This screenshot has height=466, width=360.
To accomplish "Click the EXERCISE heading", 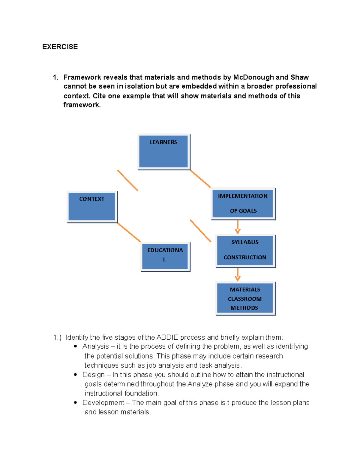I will [60, 47].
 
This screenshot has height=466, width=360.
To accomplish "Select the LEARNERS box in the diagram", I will [163, 152].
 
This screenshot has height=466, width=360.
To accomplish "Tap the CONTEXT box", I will [91, 207].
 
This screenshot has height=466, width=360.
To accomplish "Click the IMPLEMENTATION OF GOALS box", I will [243, 203].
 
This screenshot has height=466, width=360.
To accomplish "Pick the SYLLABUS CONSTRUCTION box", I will [245, 251].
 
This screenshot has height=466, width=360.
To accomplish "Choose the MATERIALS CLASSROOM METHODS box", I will [245, 298].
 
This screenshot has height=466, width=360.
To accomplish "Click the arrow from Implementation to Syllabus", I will [238, 227].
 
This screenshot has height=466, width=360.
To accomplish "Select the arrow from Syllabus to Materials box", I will [238, 275].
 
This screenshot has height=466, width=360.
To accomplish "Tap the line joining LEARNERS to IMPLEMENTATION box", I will [200, 179].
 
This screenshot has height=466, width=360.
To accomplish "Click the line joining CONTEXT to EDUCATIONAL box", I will [129, 232].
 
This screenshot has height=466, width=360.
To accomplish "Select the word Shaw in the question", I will [299, 77].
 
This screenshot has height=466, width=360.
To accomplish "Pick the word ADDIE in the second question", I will [167, 337].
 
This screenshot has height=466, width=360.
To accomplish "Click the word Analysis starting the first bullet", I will [95, 346].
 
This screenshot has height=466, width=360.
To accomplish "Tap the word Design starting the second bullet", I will [93, 375].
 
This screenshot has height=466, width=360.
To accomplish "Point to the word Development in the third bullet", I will [103, 403].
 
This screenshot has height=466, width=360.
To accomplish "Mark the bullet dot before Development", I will [75, 403].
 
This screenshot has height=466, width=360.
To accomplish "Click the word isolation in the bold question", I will [139, 86].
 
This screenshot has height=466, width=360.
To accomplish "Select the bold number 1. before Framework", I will [55, 77].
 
